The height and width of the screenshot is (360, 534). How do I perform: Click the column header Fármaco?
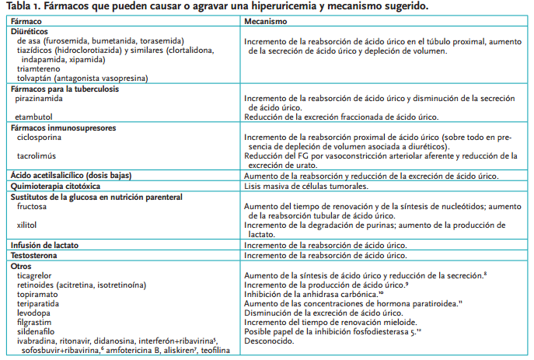[x=26, y=20]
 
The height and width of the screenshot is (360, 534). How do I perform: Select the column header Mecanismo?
[x=267, y=20]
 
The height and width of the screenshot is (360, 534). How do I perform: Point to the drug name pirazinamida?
[x=40, y=100]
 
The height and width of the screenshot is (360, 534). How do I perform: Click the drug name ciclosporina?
[x=39, y=137]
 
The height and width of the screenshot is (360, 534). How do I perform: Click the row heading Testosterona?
[x=36, y=255]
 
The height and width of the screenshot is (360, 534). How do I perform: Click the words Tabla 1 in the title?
[x=23, y=6]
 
